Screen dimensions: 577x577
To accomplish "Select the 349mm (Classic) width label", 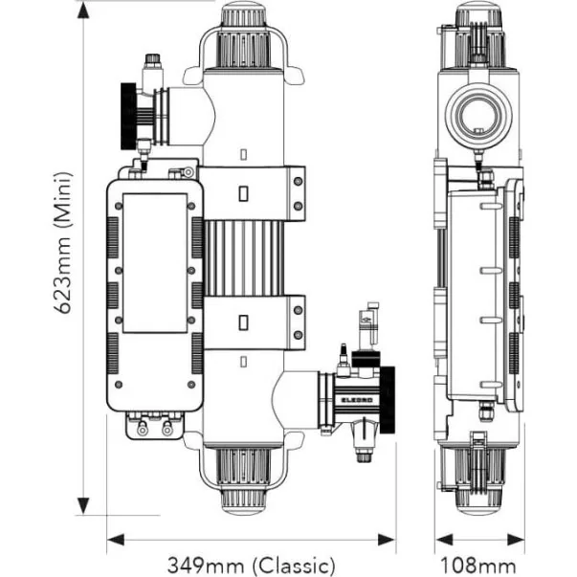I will coord(252,564).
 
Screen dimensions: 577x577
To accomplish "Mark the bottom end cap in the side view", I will coord(478,477).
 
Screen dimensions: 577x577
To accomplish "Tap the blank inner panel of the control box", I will coord(154,261).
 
